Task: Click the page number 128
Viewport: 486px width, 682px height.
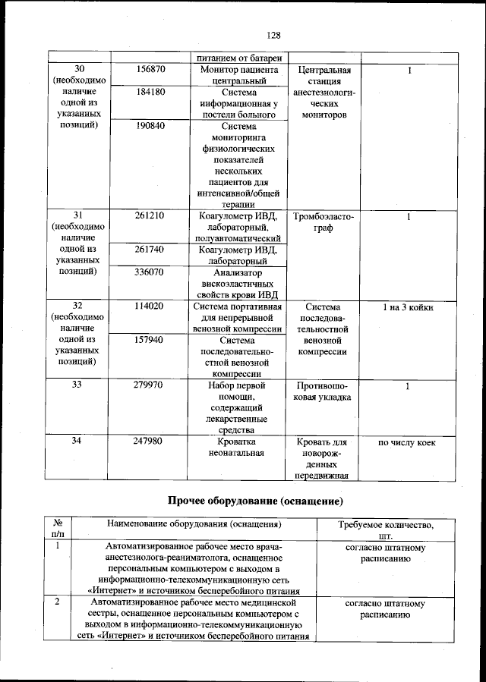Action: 274,35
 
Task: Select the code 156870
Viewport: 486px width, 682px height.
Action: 150,70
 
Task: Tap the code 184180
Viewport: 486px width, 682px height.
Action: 150,92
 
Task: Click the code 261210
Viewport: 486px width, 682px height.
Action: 150,216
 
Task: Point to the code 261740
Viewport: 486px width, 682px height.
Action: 150,250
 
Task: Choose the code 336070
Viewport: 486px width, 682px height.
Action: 150,272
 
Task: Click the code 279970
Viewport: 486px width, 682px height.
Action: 150,385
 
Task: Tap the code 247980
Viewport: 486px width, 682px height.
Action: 150,442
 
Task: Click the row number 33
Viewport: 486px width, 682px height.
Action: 77,385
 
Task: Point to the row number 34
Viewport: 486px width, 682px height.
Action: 77,442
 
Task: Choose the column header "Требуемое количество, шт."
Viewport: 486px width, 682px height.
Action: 390,530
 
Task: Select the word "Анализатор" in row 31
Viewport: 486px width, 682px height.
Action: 237,272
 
